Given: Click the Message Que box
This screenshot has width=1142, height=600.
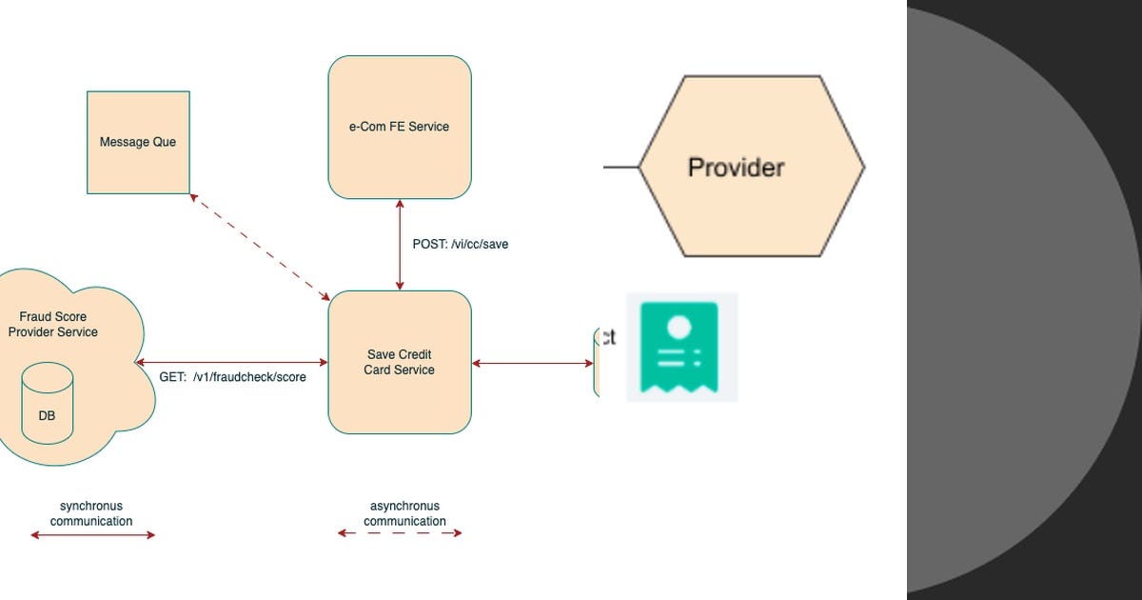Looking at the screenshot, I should point(138,142).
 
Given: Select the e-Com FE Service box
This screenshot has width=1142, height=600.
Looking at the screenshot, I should point(400,127).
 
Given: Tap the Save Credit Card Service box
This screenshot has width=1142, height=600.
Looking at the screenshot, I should point(400,362).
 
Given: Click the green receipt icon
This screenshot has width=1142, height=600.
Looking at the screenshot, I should point(679,347).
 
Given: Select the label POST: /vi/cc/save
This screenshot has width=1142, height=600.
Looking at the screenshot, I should point(460,244).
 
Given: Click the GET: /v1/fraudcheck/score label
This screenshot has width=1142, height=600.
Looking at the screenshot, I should point(232,377).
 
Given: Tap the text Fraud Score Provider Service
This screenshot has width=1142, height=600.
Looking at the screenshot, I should point(53,324).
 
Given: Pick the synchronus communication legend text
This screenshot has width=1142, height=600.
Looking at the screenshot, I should point(91,513).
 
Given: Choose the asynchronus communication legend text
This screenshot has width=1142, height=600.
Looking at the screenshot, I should point(404,513).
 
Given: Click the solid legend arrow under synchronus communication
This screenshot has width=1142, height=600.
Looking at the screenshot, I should point(92,535).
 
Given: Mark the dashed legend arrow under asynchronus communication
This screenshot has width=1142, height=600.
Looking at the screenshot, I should point(400,533).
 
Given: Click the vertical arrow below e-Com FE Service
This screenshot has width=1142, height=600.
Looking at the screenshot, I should point(400,245).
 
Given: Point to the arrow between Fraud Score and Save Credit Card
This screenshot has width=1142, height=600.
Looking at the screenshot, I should point(232,363).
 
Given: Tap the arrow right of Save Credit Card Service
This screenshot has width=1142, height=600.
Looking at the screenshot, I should point(532,363).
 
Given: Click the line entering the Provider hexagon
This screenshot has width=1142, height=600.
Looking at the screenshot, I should point(620,167).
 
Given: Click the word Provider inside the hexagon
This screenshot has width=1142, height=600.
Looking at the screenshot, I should point(736,168).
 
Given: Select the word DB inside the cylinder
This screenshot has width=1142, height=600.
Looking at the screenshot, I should point(47,416).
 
